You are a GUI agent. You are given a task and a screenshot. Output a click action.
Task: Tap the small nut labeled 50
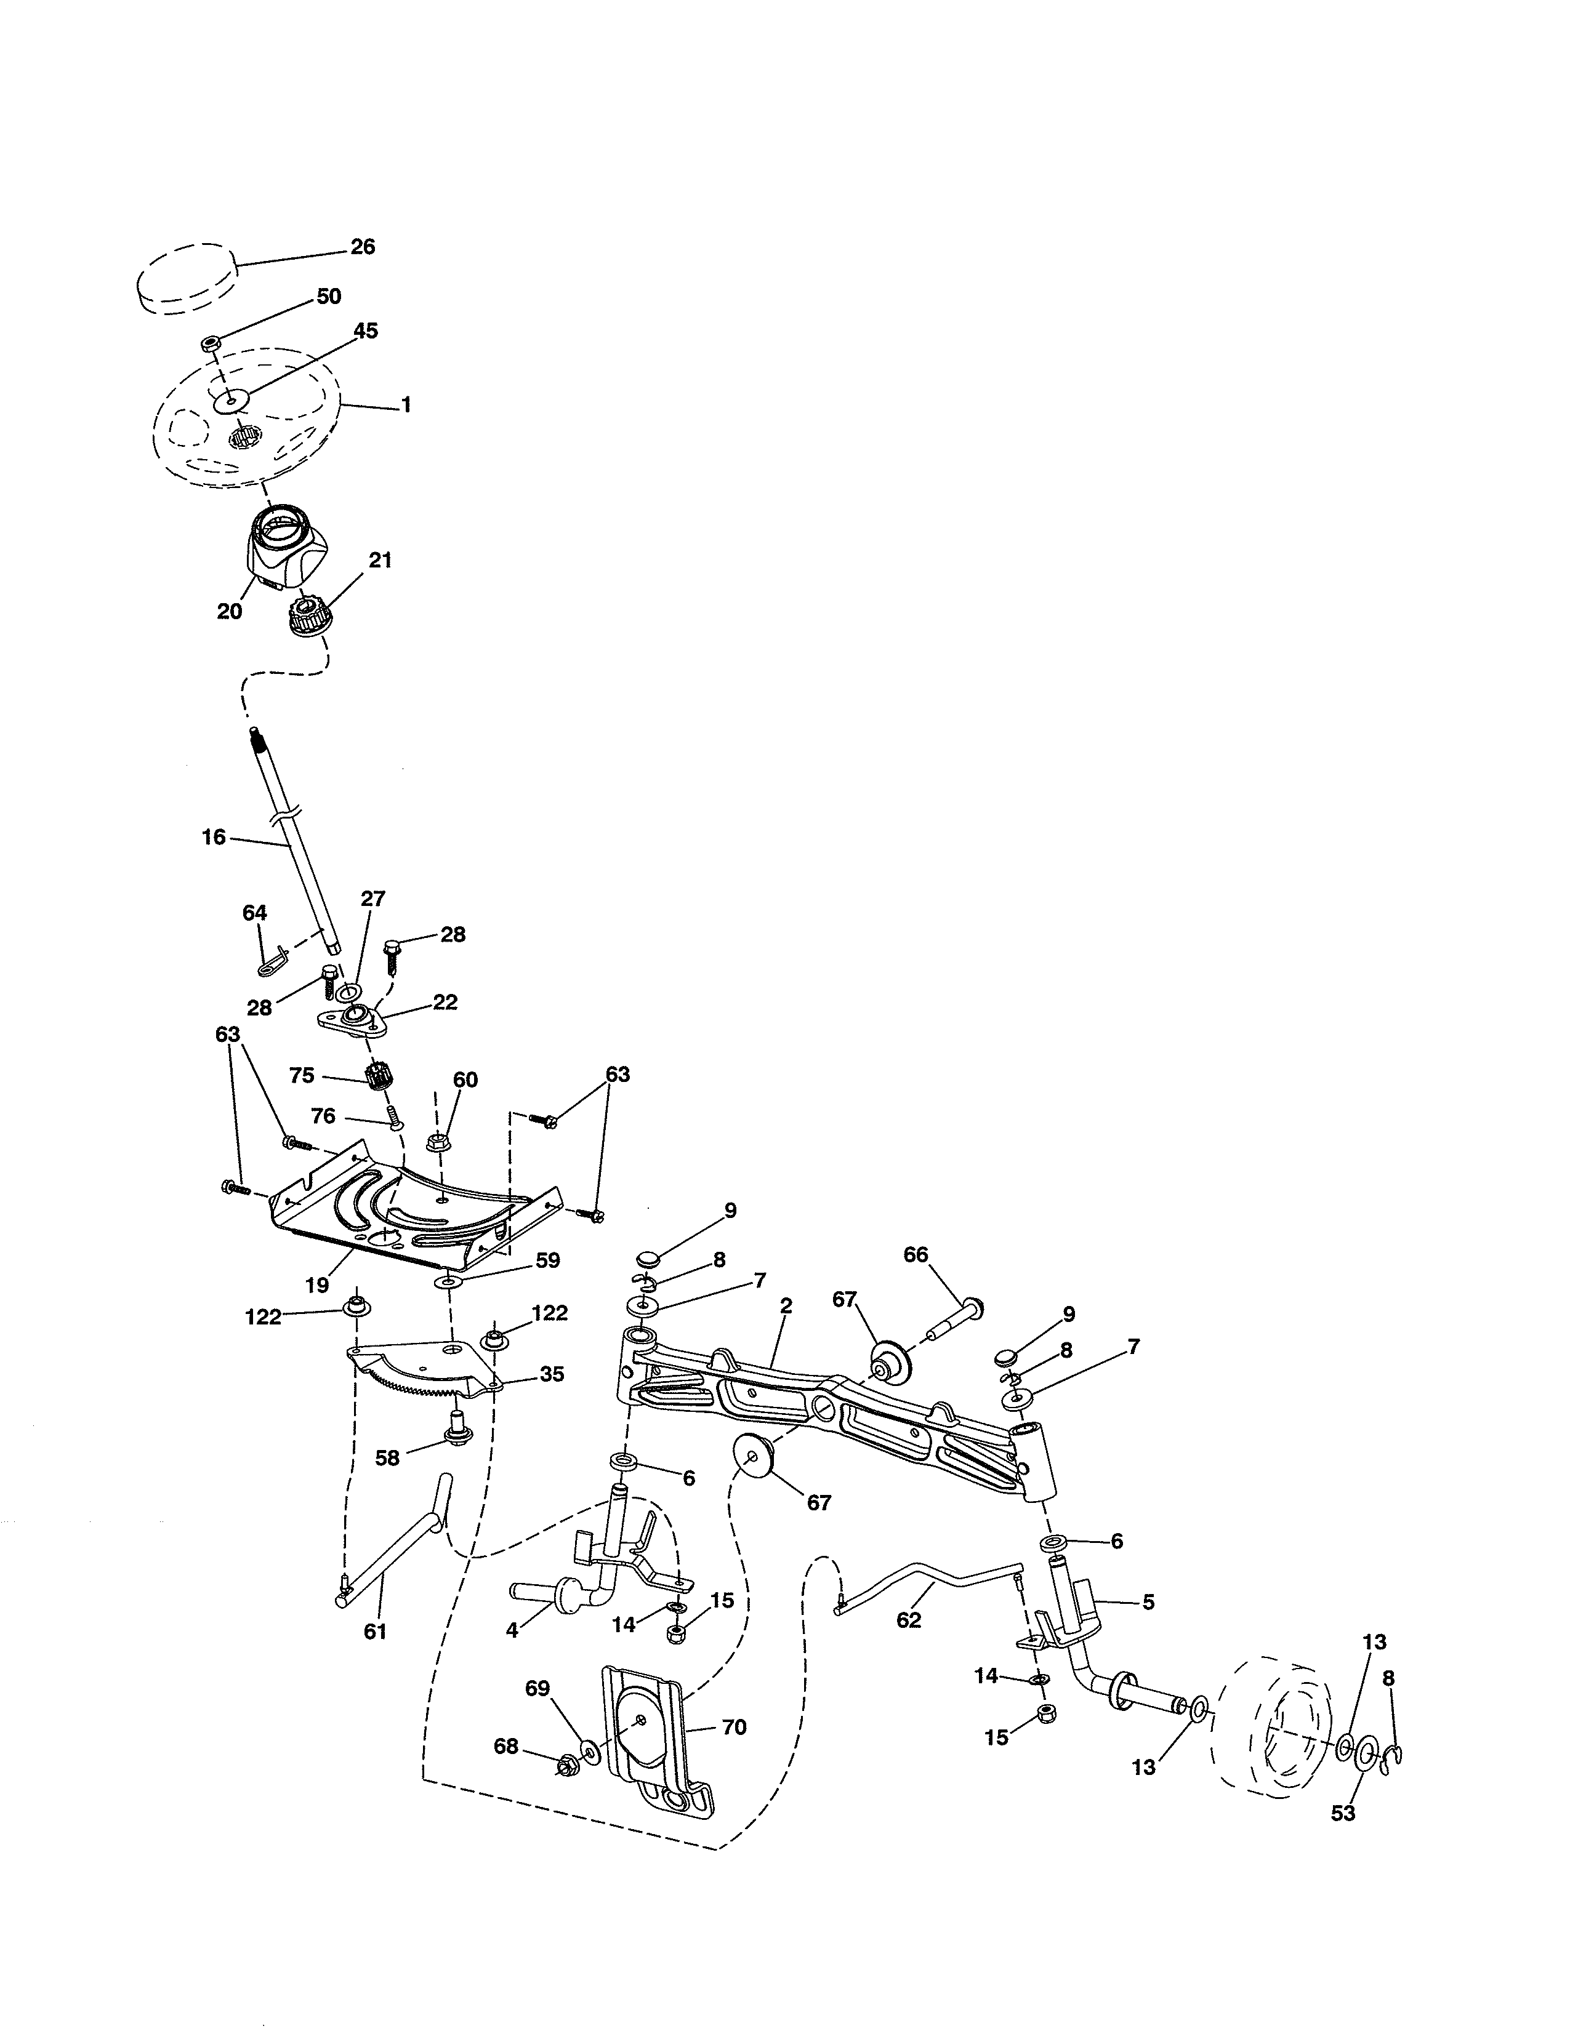click(x=209, y=344)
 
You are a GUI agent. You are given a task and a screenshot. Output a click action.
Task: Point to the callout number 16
click(x=214, y=837)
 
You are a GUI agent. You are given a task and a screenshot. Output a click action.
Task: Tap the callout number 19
click(x=317, y=1285)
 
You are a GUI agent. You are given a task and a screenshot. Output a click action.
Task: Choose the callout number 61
click(x=375, y=1631)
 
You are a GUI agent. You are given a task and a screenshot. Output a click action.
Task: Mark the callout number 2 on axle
click(x=786, y=1305)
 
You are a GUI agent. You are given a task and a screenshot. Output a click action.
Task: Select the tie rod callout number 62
click(x=909, y=1619)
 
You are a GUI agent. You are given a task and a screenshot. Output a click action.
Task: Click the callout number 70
click(x=734, y=1727)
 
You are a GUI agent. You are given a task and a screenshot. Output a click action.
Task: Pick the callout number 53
click(x=1343, y=1813)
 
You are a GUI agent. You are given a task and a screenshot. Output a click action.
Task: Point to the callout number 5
click(x=1149, y=1602)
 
